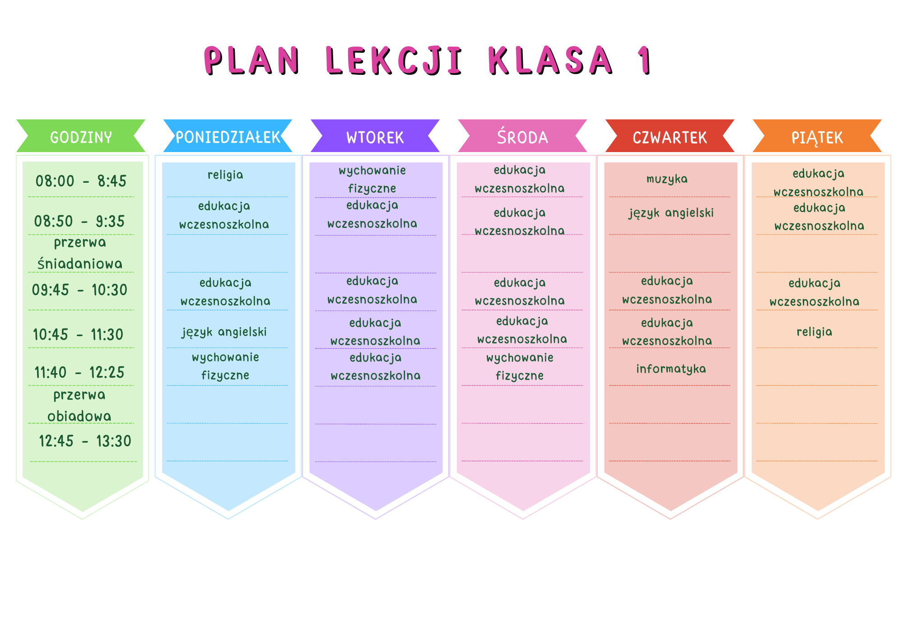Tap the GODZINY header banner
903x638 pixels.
tap(81, 136)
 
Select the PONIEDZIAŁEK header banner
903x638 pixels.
tap(228, 136)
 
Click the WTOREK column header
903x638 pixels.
tap(375, 136)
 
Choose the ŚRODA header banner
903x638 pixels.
tap(522, 136)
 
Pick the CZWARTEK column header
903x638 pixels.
tap(670, 136)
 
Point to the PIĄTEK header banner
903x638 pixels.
tap(817, 136)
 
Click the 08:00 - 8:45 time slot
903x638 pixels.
tap(81, 181)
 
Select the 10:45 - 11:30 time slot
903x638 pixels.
tap(78, 334)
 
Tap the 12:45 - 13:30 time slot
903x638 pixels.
tap(85, 441)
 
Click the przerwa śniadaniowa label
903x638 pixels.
tap(80, 253)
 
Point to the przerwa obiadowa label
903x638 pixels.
tap(79, 405)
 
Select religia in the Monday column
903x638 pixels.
tap(225, 175)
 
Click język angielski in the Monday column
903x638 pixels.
tap(224, 332)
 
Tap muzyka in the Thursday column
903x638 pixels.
tap(667, 179)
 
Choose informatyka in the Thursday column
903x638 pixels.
tap(671, 369)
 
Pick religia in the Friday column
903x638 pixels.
tap(815, 332)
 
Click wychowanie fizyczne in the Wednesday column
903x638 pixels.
tap(520, 366)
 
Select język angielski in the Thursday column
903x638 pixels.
tap(671, 213)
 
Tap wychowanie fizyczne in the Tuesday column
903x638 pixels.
tap(372, 179)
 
